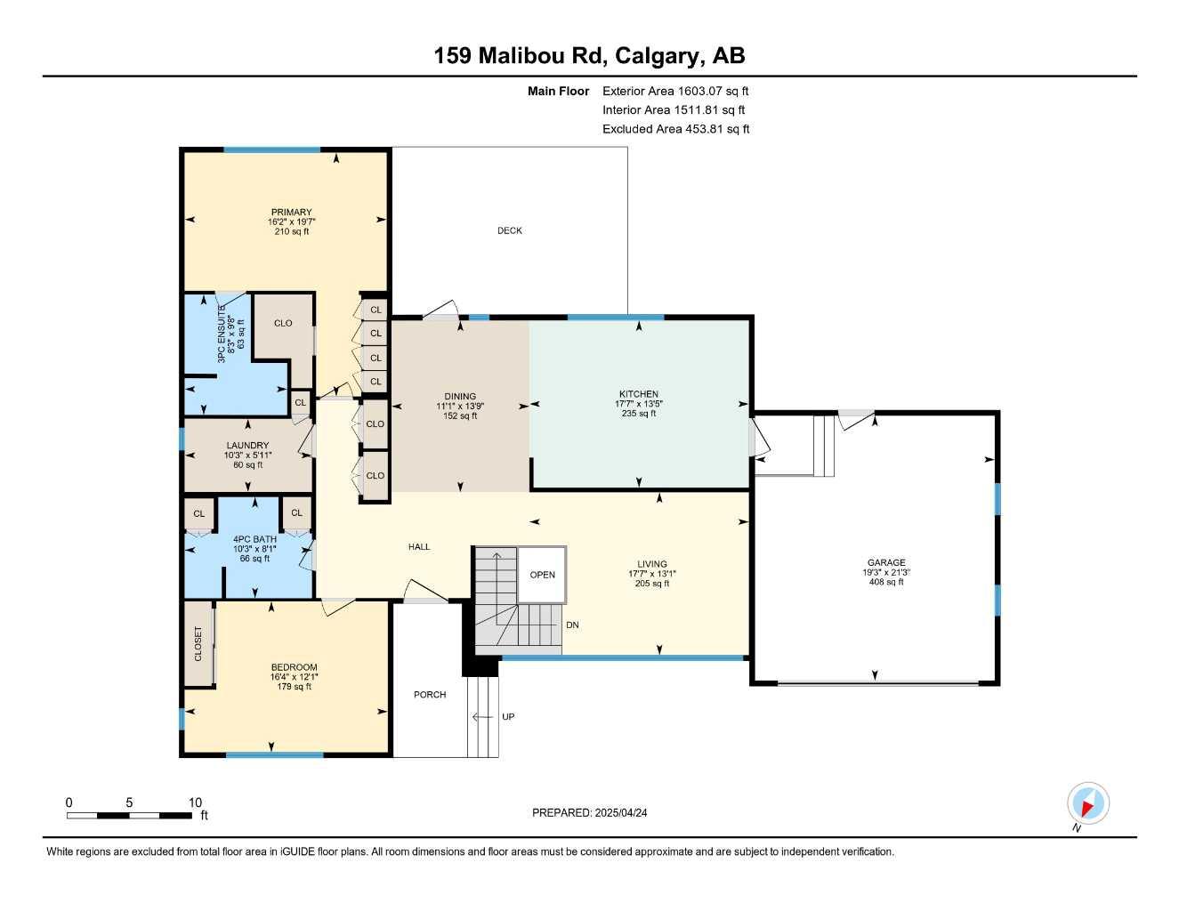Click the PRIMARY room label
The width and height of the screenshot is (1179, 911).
coord(292,212)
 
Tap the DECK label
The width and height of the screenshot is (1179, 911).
coord(510,230)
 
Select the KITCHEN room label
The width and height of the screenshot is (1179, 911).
coord(639,393)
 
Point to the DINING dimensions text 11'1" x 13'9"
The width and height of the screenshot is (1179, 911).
coord(460,407)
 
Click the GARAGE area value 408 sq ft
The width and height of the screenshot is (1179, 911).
coord(886,582)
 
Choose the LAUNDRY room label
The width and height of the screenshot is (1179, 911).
coord(247,445)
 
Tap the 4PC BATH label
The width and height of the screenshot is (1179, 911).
coord(254,538)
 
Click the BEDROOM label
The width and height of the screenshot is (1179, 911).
coord(294,667)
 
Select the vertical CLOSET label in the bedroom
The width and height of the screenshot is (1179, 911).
coord(198,644)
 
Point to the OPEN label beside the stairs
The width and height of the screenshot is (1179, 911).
coord(543,575)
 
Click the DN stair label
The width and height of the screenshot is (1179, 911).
coord(572,625)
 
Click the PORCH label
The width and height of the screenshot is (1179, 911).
coord(430,694)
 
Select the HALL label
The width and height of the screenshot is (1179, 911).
coord(419,546)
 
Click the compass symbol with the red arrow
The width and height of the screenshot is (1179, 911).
coord(1087,804)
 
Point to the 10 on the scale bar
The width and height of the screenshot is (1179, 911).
coord(195,802)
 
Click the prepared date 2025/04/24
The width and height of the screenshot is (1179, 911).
coord(627,812)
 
